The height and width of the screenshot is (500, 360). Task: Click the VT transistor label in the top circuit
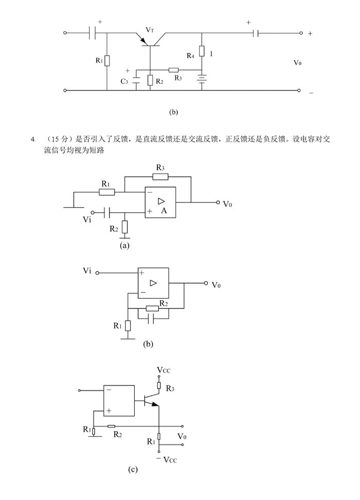point(150,30)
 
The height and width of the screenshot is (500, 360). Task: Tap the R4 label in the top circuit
point(190,55)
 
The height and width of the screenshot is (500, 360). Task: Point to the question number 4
point(33,139)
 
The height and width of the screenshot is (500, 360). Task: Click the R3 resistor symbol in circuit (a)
point(160,177)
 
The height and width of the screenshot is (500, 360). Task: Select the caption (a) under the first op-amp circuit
point(124,246)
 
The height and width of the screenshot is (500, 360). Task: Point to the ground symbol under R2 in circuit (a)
point(125,237)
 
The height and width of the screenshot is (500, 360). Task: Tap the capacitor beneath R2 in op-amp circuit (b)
point(151,319)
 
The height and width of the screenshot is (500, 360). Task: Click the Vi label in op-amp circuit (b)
point(86,270)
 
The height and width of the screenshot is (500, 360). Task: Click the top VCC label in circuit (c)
point(165,371)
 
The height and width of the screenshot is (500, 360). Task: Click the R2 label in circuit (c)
point(118,435)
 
